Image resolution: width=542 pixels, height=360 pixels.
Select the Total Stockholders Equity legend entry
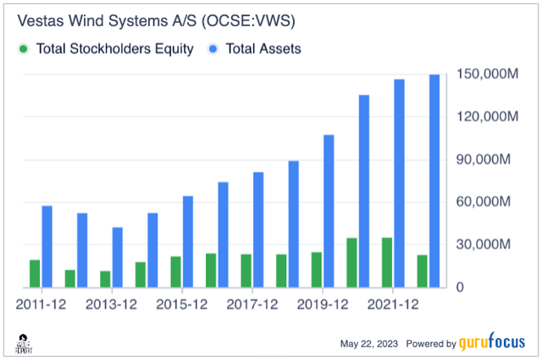coord(107,49)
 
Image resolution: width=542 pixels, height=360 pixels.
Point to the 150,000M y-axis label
coord(489,75)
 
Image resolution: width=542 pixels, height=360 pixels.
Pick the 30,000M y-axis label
coord(489,245)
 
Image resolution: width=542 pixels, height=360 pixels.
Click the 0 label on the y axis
coord(460,288)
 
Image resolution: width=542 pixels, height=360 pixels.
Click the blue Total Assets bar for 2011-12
coord(47,246)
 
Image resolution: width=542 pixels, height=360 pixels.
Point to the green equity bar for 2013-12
coord(105,279)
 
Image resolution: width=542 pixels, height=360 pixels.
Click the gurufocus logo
coord(494,344)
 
